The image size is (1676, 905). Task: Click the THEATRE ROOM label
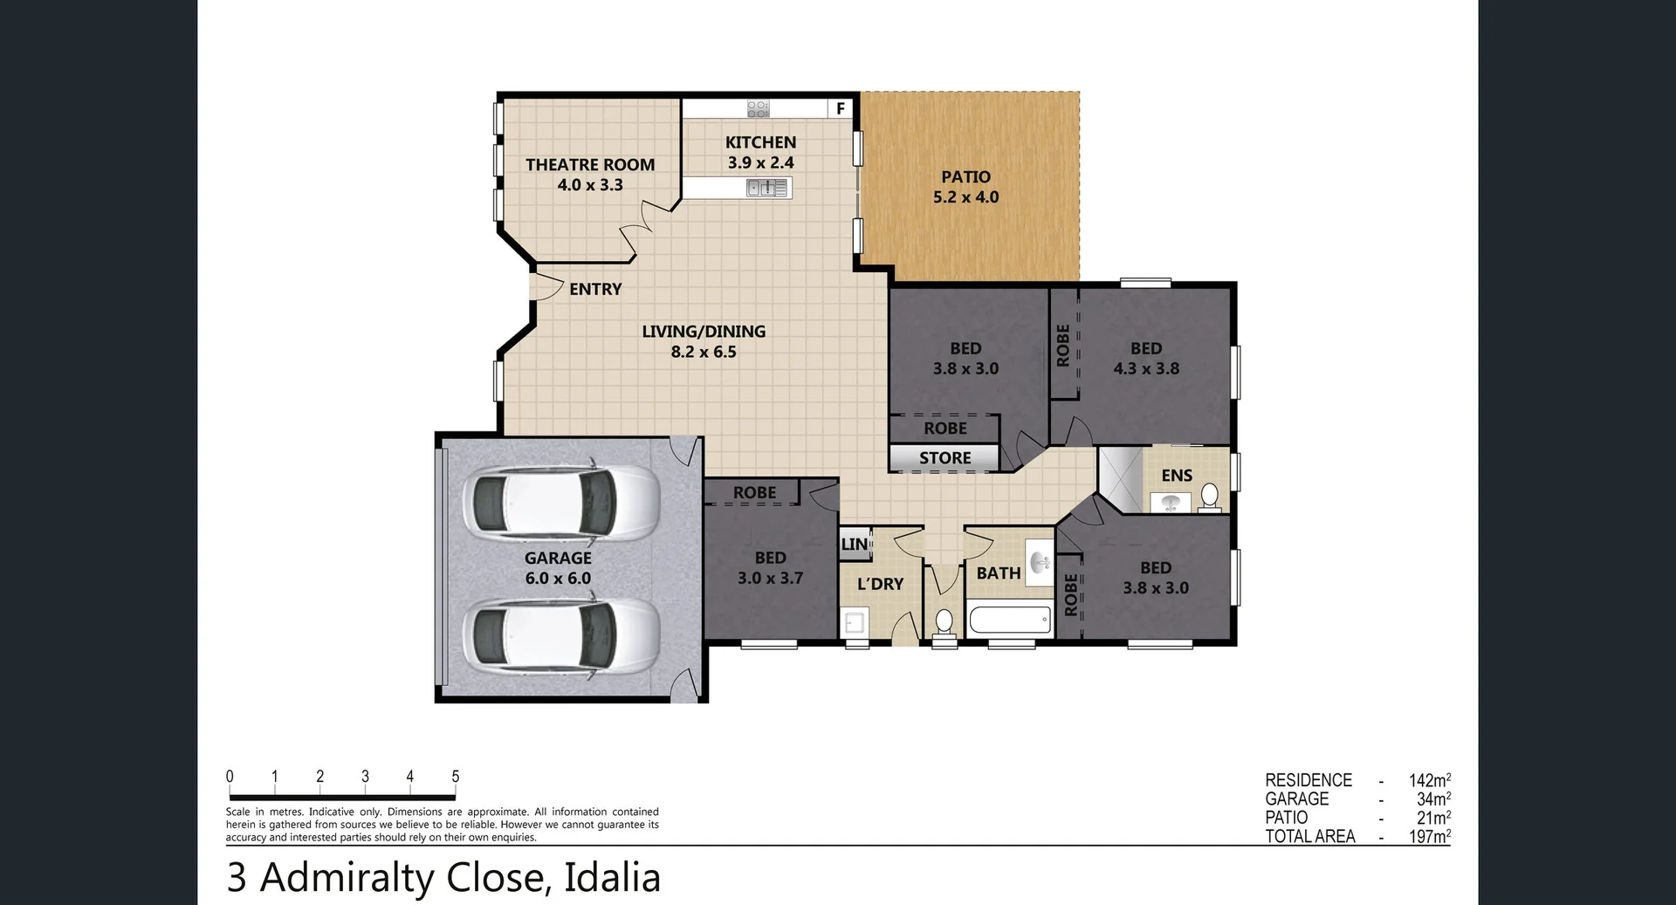(589, 165)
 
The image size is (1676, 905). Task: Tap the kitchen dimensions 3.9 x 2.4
(760, 163)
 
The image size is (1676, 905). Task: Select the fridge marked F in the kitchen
(840, 108)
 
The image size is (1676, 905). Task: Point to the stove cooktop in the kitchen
(758, 108)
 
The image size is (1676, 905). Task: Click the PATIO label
(965, 177)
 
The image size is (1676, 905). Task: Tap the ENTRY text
(595, 289)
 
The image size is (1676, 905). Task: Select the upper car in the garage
(563, 504)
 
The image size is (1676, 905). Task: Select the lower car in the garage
(563, 634)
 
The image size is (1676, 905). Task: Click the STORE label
(944, 458)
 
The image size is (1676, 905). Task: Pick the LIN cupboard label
(854, 545)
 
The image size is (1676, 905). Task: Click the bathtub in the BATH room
(1010, 621)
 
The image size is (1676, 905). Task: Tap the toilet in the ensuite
(1209, 496)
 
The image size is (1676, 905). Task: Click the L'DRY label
(880, 584)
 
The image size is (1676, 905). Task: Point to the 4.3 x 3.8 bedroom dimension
(1146, 369)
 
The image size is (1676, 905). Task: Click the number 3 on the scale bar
(365, 777)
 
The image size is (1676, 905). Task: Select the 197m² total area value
(1429, 836)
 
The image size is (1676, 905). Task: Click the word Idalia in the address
(612, 878)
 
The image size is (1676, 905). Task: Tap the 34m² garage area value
(1432, 799)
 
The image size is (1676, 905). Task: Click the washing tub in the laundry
(854, 623)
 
